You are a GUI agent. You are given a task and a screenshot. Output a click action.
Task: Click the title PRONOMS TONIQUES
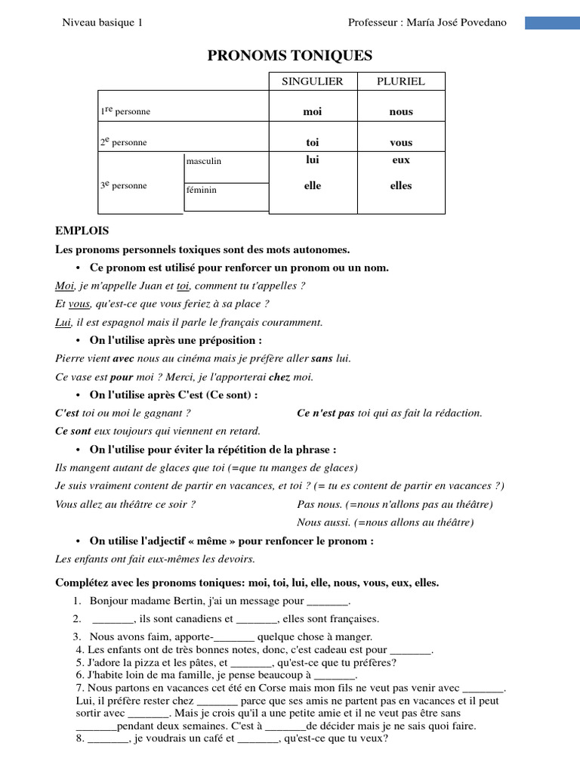tap(290, 56)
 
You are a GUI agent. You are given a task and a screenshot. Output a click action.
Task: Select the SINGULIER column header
tap(312, 81)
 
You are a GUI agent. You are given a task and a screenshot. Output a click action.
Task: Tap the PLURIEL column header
tap(401, 81)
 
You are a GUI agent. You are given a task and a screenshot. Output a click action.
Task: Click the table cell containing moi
tap(312, 112)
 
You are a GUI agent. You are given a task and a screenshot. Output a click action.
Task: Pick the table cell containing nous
tap(401, 112)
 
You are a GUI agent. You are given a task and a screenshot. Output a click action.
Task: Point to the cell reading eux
tap(401, 160)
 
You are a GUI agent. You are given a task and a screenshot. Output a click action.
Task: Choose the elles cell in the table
tap(401, 185)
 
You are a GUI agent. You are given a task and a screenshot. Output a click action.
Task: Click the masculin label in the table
tap(204, 161)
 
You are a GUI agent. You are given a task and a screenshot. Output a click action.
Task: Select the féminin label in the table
tap(202, 190)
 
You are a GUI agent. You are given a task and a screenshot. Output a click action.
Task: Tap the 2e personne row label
tap(124, 142)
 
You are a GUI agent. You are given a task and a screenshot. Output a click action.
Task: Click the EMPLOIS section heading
tap(82, 231)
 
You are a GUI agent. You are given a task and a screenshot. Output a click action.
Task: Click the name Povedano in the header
tap(483, 23)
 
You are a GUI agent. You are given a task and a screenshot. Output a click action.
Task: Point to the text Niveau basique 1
tap(102, 23)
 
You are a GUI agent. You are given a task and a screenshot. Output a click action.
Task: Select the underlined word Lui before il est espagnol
tap(63, 322)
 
